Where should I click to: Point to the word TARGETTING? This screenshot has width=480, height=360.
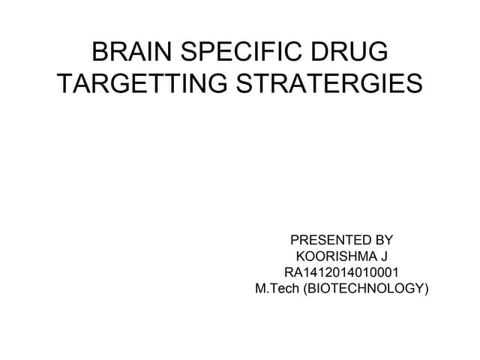click(x=143, y=84)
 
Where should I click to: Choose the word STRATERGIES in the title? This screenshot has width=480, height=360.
click(x=329, y=84)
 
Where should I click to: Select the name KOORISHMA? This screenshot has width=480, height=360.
click(x=334, y=256)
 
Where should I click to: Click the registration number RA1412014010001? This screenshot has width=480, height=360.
click(x=342, y=272)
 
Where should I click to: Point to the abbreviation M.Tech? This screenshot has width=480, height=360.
click(x=277, y=288)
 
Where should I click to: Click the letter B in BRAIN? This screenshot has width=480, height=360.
click(x=99, y=54)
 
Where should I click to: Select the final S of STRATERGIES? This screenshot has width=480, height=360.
click(x=415, y=84)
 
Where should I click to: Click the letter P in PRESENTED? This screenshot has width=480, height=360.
click(x=295, y=241)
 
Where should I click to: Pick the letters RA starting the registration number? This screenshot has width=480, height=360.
click(x=294, y=272)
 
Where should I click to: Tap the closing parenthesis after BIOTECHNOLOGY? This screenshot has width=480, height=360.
click(x=426, y=288)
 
